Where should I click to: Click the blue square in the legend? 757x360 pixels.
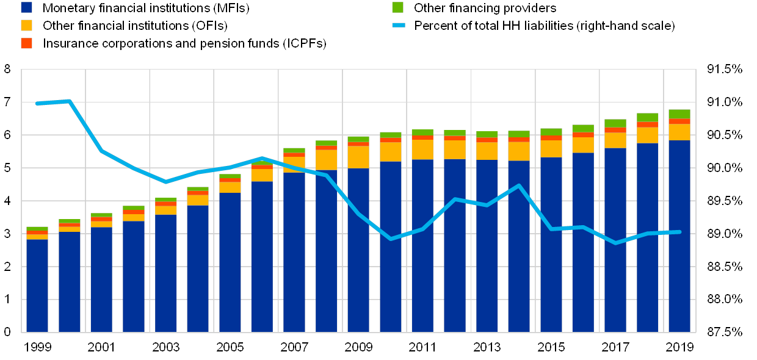pyautogui.click(x=26, y=8)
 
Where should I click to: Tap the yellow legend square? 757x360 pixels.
pyautogui.click(x=26, y=26)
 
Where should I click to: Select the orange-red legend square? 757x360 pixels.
pyautogui.click(x=26, y=43)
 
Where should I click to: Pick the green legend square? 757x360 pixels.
pyautogui.click(x=397, y=8)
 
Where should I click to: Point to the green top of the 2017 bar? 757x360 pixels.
pyautogui.click(x=615, y=123)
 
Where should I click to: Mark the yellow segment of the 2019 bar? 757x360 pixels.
pyautogui.click(x=679, y=132)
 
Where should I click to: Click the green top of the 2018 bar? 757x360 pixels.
pyautogui.click(x=647, y=117)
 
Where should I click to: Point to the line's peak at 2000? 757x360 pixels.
pyautogui.click(x=69, y=101)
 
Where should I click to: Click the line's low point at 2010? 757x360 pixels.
pyautogui.click(x=391, y=239)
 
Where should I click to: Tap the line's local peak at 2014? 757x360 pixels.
pyautogui.click(x=519, y=185)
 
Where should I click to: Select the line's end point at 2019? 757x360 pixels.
pyautogui.click(x=679, y=232)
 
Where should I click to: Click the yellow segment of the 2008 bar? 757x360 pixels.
pyautogui.click(x=326, y=160)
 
